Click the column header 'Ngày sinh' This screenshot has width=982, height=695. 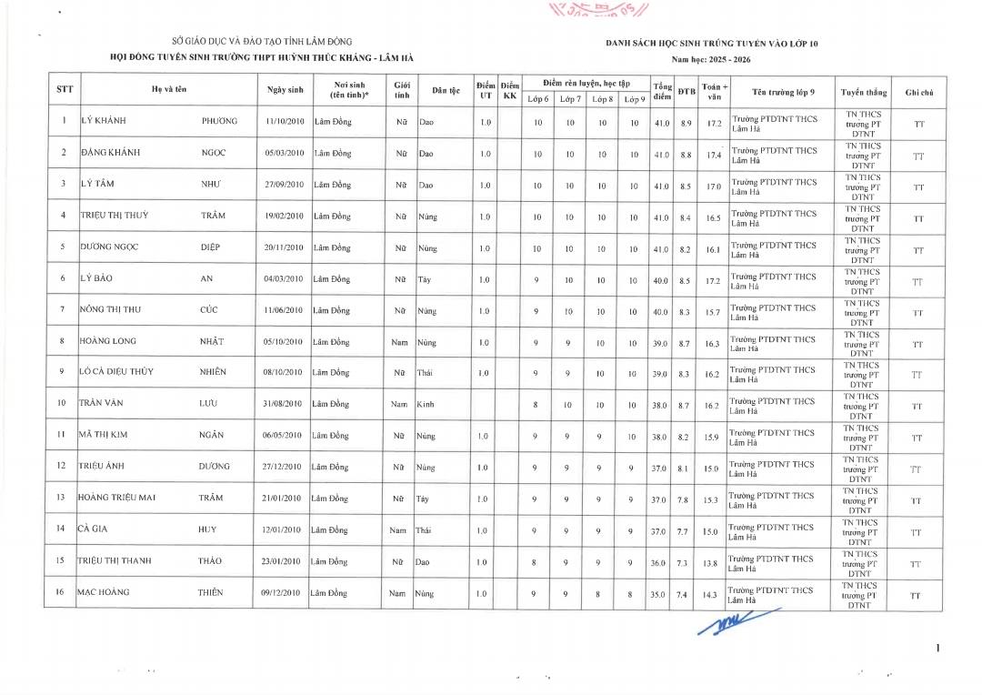coord(285,90)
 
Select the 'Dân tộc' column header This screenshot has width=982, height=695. coord(446,90)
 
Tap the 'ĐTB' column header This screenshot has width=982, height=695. coord(686,90)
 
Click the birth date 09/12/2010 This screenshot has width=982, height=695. coord(282,593)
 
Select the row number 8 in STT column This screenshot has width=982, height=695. coord(62,342)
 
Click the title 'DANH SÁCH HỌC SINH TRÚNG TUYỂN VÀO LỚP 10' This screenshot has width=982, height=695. coord(712,43)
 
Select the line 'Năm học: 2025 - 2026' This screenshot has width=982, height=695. coord(712,58)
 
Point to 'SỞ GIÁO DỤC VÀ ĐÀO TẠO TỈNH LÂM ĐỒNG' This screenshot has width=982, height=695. coord(261,42)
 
